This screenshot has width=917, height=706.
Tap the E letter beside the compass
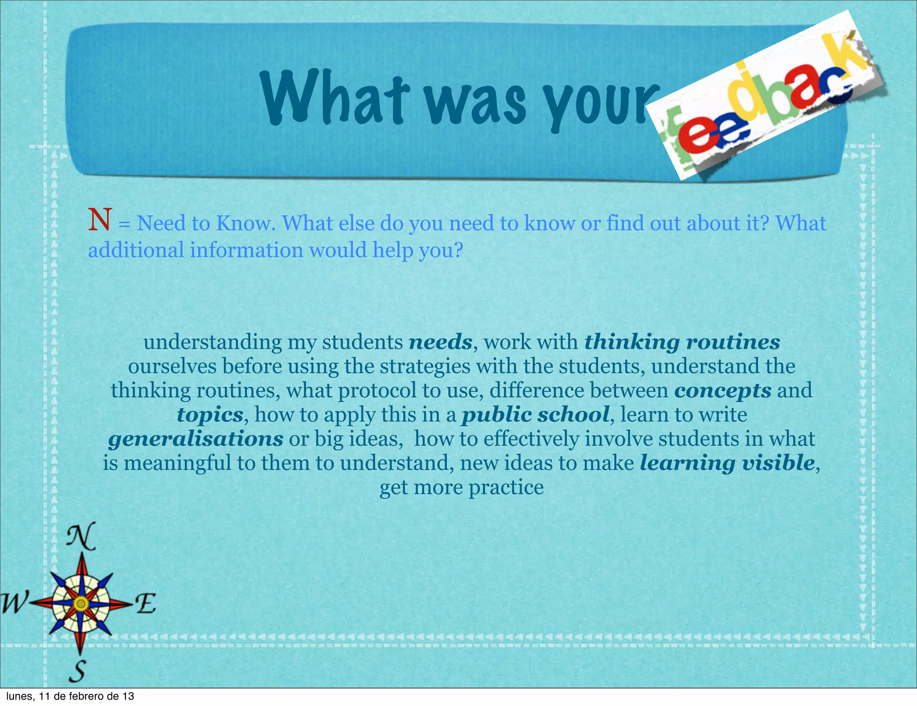click(x=146, y=603)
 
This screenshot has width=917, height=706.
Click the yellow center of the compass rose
click(x=81, y=604)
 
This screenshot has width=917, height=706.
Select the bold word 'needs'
click(x=441, y=342)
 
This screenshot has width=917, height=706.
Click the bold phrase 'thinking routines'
click(x=682, y=342)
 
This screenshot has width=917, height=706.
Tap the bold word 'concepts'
click(x=723, y=391)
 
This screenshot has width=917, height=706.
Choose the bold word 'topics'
click(x=210, y=415)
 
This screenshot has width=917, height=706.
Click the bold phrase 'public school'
click(x=536, y=415)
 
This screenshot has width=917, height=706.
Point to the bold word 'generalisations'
click(x=196, y=439)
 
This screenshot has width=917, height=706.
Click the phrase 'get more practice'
click(x=462, y=487)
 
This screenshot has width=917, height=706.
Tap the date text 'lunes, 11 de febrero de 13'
click(x=70, y=696)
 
